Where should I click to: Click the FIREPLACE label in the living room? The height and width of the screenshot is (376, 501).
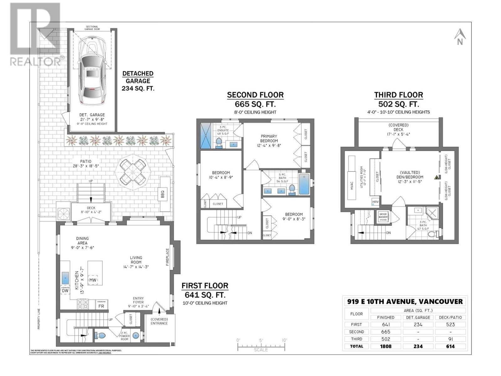[168, 257]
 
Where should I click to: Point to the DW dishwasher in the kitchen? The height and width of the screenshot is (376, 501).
[65, 290]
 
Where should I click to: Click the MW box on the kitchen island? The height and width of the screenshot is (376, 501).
[93, 280]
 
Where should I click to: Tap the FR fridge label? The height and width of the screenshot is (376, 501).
[101, 305]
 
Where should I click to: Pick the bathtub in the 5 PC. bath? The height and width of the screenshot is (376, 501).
[304, 184]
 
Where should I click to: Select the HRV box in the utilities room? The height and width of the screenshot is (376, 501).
[375, 202]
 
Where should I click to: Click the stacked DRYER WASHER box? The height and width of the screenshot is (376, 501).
[383, 217]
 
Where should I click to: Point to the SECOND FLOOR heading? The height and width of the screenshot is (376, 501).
[255, 95]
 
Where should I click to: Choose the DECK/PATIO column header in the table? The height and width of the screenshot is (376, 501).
[450, 317]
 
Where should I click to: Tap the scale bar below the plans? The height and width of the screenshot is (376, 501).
[261, 347]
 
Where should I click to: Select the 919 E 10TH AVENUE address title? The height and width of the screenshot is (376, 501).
[405, 301]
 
